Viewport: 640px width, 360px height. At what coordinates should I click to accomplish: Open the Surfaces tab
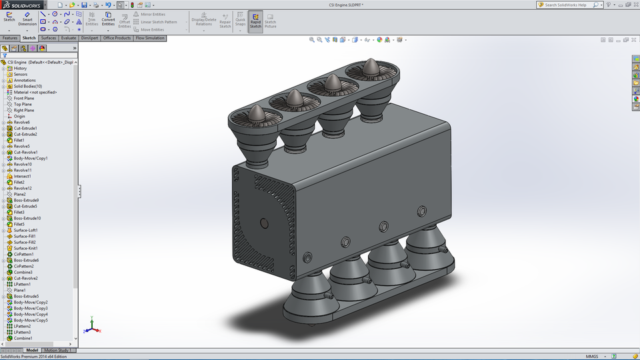(x=49, y=38)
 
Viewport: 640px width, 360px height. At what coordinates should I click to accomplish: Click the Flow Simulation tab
(x=150, y=38)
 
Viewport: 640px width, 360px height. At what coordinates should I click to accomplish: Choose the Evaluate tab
(x=69, y=38)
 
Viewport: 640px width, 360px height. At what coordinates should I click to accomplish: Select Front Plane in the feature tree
(x=24, y=98)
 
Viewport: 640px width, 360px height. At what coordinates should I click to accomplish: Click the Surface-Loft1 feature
(x=26, y=230)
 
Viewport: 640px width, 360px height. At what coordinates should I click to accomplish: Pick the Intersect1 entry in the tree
(x=23, y=176)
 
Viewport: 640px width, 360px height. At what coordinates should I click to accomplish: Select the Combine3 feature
(x=23, y=272)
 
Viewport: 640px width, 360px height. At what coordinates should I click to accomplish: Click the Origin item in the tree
(x=19, y=116)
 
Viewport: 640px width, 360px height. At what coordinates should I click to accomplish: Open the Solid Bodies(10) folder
(x=27, y=86)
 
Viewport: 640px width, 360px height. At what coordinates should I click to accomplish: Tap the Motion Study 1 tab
(x=57, y=350)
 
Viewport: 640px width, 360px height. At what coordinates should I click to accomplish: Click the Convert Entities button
(x=108, y=20)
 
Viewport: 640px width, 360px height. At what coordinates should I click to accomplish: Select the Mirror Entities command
(x=153, y=14)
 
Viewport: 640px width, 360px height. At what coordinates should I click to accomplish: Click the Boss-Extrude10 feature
(x=27, y=218)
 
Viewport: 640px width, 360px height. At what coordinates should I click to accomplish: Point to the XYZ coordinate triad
(x=93, y=327)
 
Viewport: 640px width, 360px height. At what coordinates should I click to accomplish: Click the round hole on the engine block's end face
(x=263, y=222)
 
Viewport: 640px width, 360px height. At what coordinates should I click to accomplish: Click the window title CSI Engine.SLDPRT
(x=346, y=5)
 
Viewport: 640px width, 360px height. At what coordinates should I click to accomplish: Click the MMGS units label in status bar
(x=592, y=356)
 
